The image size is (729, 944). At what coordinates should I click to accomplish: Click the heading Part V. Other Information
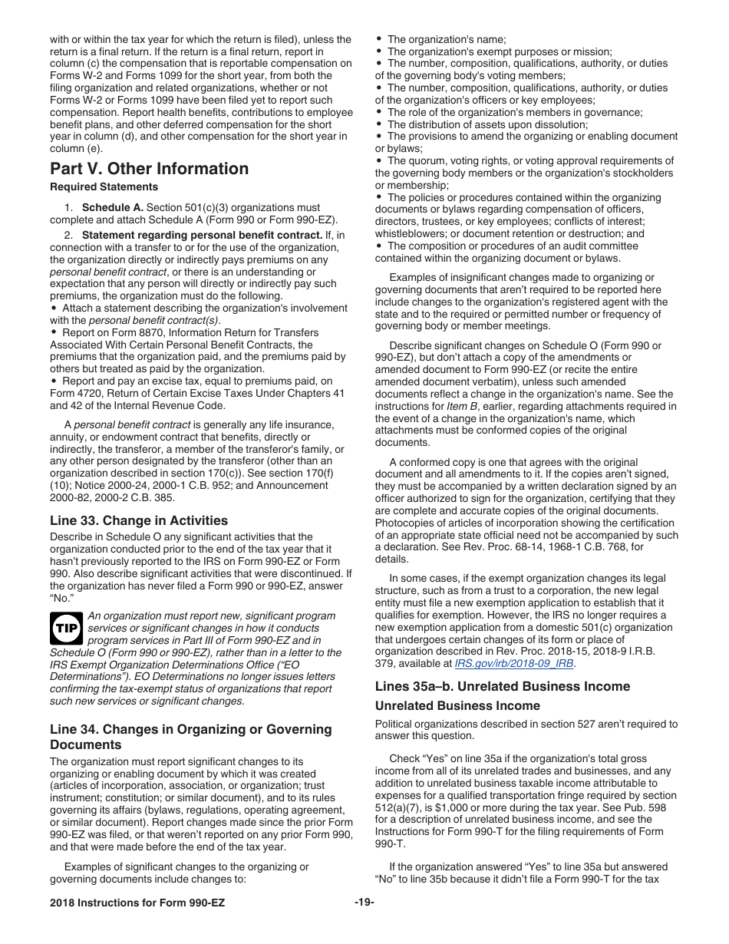pyautogui.click(x=149, y=169)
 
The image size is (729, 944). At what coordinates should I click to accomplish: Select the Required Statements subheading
pyautogui.click(x=104, y=187)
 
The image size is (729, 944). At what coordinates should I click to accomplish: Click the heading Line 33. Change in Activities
pyautogui.click(x=138, y=520)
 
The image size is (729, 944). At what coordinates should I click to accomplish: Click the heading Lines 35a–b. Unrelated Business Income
pyautogui.click(x=502, y=686)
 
